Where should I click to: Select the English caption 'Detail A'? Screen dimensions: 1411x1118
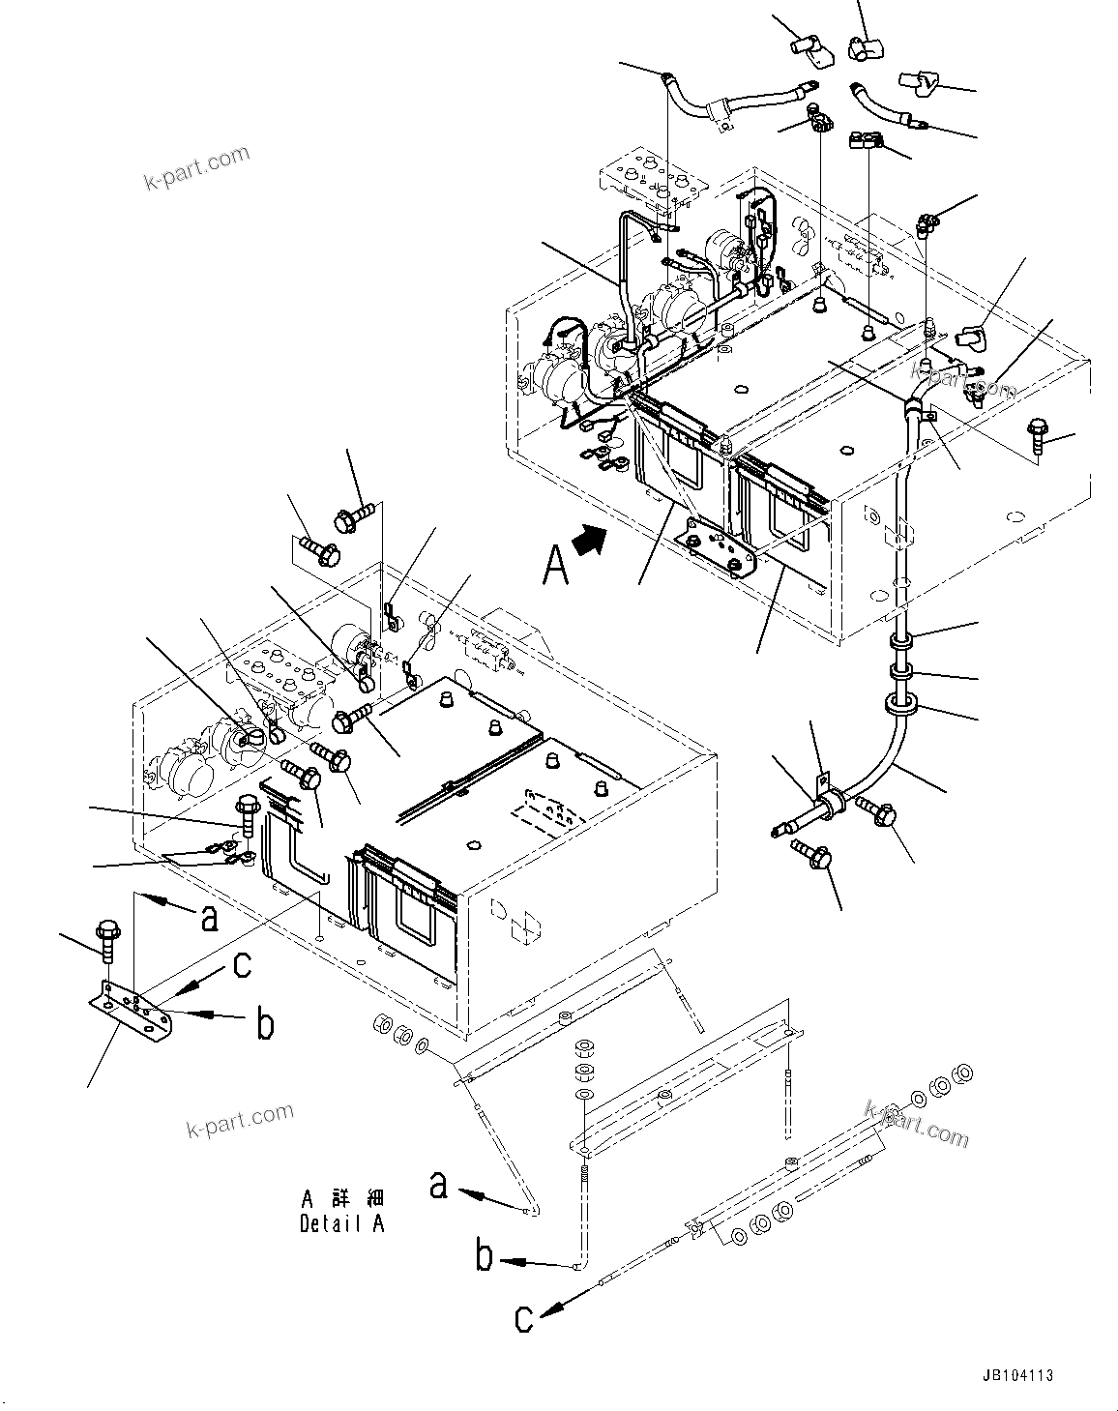(342, 1222)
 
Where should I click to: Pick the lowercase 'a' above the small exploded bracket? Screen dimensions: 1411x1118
(208, 917)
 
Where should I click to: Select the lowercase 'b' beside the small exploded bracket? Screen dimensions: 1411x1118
(263, 1023)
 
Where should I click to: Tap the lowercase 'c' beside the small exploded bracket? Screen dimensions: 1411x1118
(244, 965)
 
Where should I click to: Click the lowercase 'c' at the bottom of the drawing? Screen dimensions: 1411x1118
(523, 1318)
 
